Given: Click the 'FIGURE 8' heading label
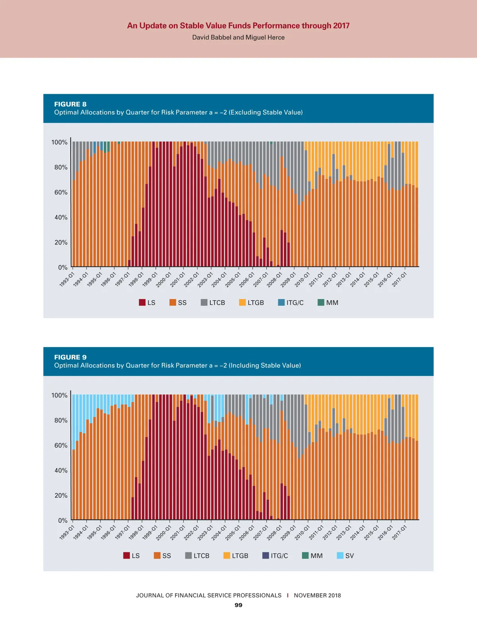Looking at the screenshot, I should point(70,104).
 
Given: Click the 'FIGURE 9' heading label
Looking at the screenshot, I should point(70,357).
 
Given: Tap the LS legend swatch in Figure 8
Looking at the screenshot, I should point(142,303).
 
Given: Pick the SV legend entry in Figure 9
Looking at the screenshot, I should point(345,555).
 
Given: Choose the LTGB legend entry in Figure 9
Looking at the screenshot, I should point(236,555).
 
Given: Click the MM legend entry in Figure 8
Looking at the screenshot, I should point(328,303).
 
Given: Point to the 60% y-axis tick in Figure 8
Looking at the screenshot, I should point(61,192).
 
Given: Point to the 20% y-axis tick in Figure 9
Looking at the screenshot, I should point(61,495).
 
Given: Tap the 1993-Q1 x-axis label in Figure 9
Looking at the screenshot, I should point(67,532).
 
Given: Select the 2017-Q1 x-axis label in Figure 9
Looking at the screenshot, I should point(399,532).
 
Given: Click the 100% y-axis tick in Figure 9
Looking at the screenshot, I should point(59,395).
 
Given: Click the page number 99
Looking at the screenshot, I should point(238,605).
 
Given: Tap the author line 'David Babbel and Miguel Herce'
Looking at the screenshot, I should point(238,37).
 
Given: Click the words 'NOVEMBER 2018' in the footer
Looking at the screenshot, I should point(317,595).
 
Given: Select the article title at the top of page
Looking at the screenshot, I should point(238,25).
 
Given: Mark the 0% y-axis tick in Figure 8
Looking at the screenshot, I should point(63,268).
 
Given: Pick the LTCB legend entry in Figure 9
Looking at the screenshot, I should point(197,555).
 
